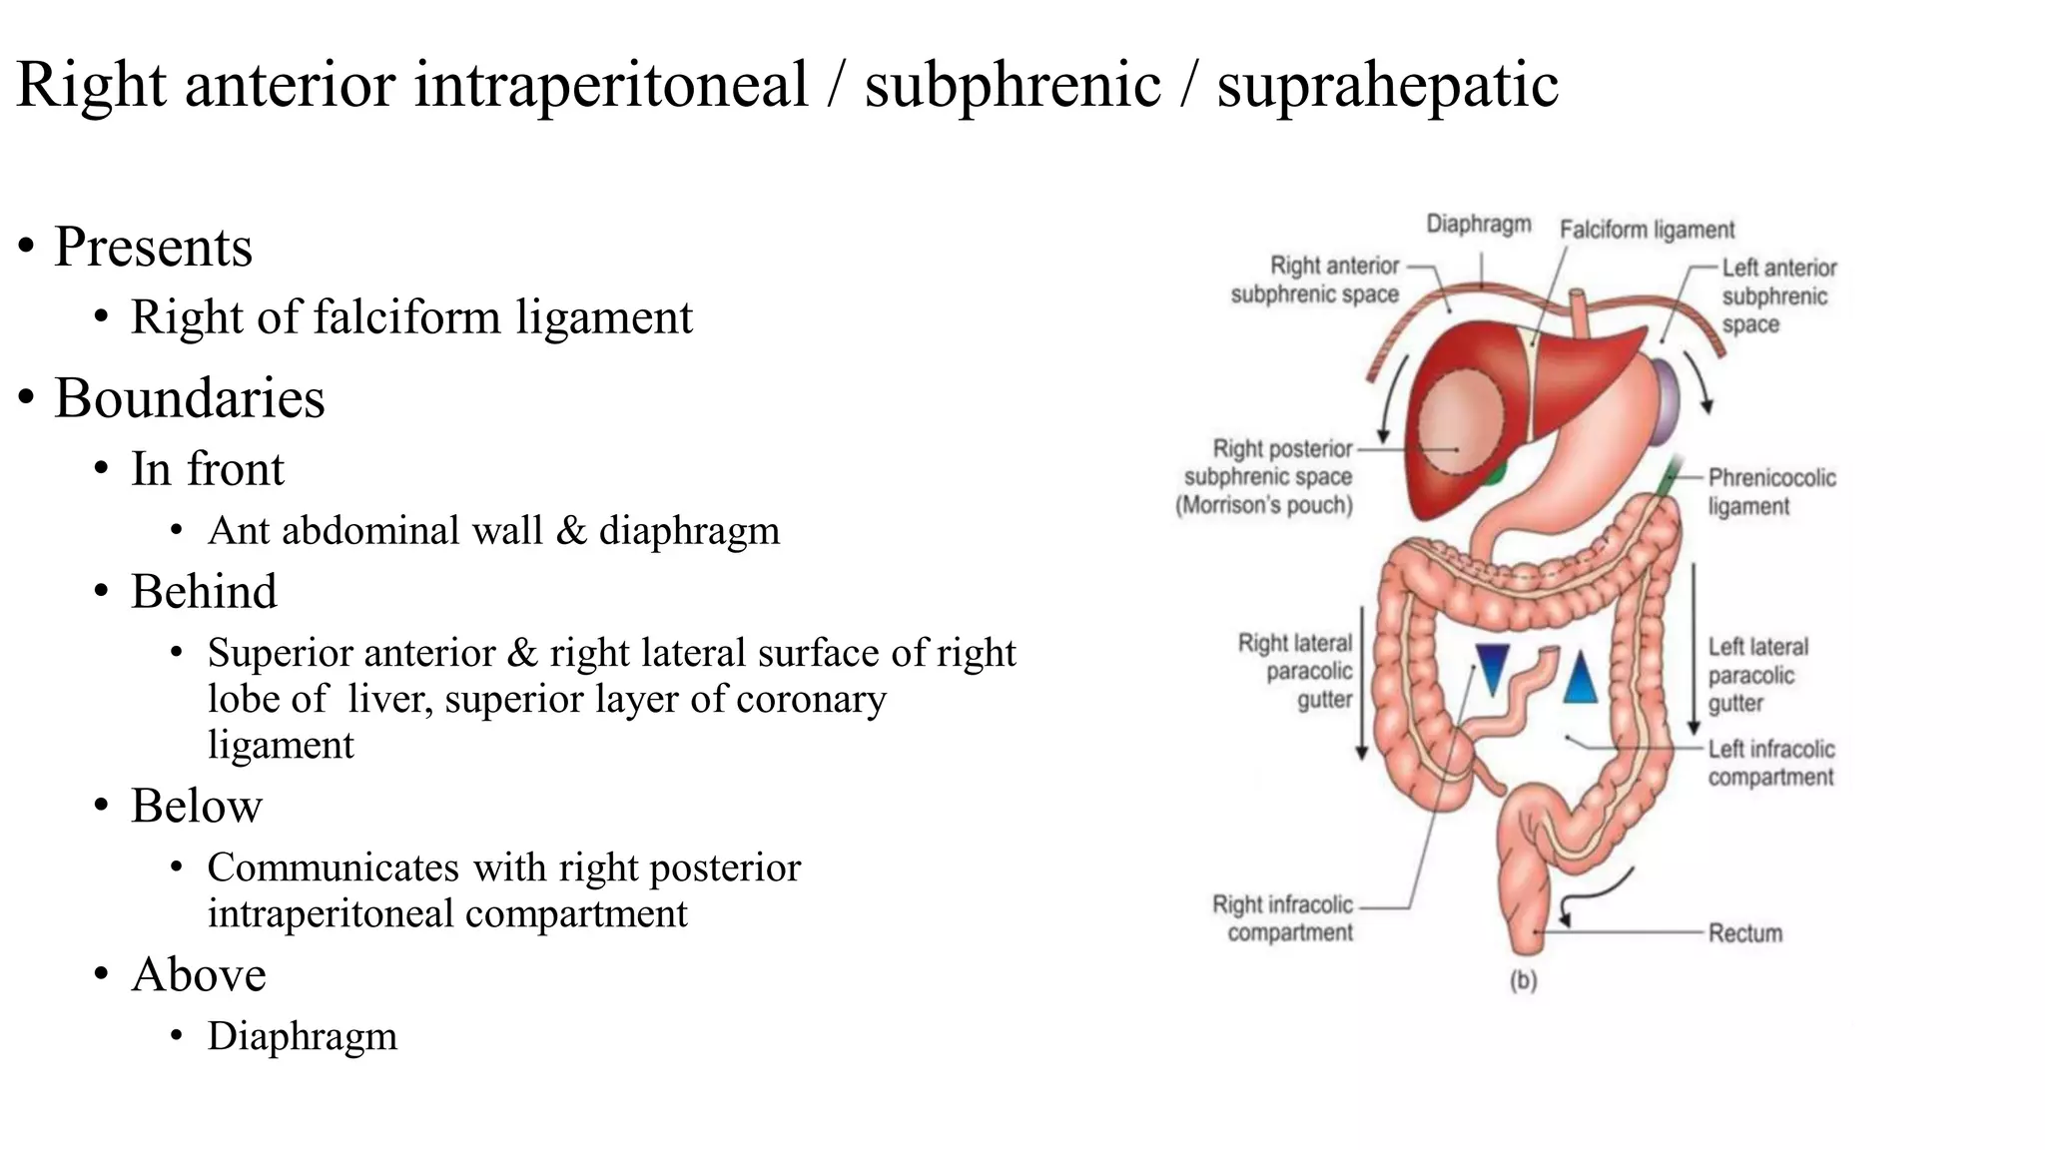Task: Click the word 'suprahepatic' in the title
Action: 1387,85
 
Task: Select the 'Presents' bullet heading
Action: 153,247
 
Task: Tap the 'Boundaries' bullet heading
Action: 189,398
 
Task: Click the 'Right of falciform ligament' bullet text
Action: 411,317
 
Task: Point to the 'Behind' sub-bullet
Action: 204,591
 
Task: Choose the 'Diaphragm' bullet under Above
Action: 302,1036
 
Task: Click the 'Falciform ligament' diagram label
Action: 1647,230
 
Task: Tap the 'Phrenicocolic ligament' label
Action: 1771,491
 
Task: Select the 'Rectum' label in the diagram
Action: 1744,933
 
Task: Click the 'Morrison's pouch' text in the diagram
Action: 1264,505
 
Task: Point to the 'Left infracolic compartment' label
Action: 1770,763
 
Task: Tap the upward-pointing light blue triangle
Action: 1580,678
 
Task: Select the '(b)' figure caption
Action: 1523,980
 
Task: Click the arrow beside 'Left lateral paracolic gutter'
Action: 1694,648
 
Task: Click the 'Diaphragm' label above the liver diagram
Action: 1478,224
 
